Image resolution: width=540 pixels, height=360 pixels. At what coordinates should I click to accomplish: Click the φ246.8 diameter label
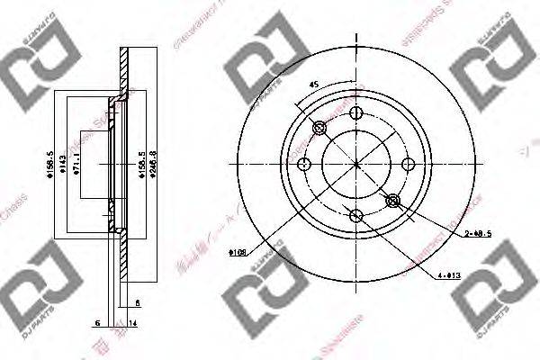155,166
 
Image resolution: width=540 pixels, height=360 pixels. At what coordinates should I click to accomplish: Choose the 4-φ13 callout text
447,275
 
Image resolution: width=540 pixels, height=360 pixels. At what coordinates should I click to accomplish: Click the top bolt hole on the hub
356,112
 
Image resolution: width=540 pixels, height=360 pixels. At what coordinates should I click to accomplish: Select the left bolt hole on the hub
304,164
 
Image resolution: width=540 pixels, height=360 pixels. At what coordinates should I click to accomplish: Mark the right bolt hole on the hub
408,164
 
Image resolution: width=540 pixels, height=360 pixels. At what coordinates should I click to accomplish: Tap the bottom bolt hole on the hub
356,215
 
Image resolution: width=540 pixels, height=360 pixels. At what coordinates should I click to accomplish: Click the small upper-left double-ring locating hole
319,128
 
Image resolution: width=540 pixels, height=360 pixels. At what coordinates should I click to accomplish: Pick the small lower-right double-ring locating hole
392,200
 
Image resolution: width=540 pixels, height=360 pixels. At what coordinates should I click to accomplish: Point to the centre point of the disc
356,164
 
